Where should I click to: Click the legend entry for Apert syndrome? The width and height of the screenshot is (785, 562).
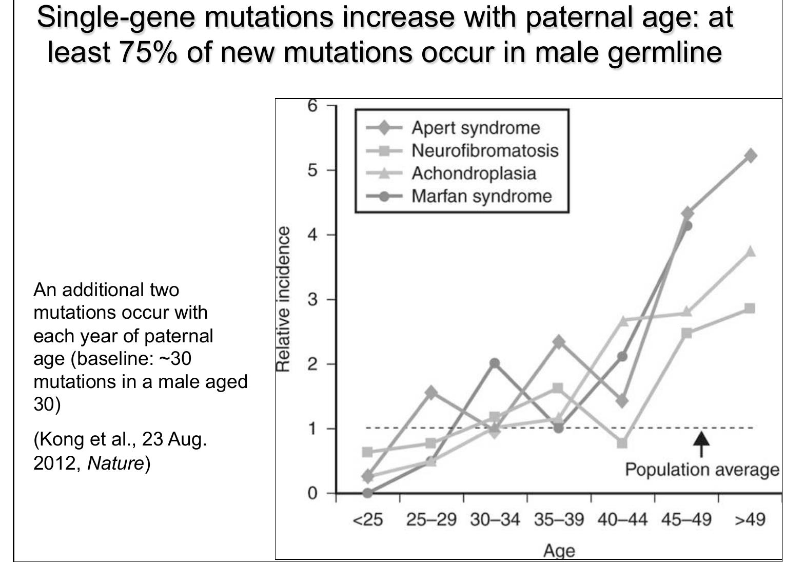tap(475, 128)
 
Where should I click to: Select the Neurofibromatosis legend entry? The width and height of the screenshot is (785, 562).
tap(484, 150)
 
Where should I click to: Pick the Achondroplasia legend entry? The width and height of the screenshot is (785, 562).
tap(473, 173)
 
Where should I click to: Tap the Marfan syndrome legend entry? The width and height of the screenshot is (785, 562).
tap(481, 196)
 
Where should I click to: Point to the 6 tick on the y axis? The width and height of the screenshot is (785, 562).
tap(312, 106)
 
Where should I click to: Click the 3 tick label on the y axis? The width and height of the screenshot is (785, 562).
tap(312, 300)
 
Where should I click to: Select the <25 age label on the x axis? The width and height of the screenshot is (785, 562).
tap(367, 520)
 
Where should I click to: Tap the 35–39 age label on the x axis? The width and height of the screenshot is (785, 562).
tap(559, 520)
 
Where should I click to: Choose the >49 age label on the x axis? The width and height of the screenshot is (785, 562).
tap(750, 520)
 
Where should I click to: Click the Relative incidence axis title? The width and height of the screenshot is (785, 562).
tap(283, 299)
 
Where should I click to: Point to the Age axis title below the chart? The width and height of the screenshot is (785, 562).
tap(559, 551)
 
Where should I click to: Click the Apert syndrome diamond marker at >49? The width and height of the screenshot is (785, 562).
tap(750, 156)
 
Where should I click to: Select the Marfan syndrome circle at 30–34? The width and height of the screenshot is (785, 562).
tap(495, 364)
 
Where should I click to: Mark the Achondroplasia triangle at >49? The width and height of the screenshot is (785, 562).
tap(750, 251)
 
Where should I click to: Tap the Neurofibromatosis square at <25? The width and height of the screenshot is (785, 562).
tap(367, 452)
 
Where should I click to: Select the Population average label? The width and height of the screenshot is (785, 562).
tap(701, 470)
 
